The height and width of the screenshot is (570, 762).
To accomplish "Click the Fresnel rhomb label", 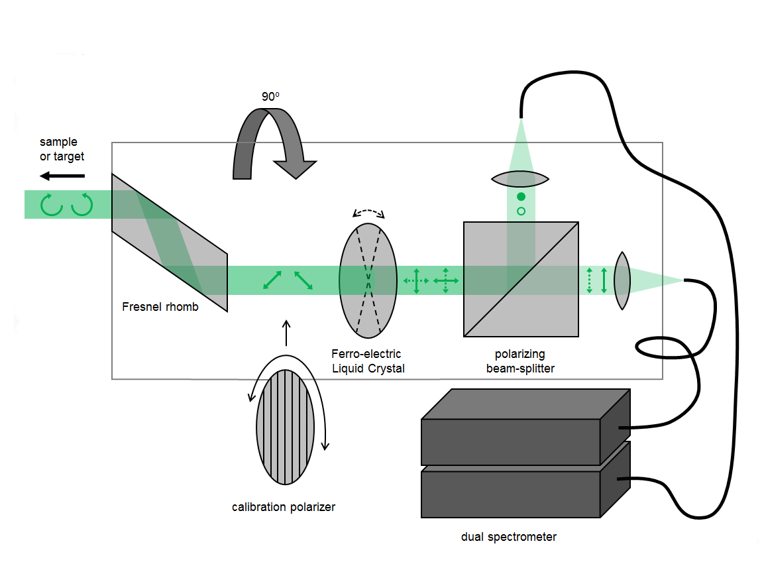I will pos(160,307).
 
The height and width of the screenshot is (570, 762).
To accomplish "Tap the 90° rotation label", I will pos(270,96).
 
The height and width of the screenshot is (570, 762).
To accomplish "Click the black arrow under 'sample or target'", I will pos(62,176).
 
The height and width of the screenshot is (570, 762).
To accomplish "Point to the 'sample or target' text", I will pos(62,149).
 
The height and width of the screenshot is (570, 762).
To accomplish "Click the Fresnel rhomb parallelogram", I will pos(170,243).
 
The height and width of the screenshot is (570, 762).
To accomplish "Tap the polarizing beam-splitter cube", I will pos(521,279).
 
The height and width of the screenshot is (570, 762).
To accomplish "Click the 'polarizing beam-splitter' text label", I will pos(520,361).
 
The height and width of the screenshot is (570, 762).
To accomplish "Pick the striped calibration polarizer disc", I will pos(285,428).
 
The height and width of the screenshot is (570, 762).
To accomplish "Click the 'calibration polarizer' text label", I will pos(284,507).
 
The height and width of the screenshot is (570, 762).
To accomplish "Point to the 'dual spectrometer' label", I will pos(509,537).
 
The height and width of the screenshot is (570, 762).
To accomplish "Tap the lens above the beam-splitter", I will pos(521,178).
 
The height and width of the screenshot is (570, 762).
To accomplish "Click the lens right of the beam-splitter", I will pos(622,280).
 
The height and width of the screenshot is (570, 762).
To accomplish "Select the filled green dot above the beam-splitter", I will pos(521,197).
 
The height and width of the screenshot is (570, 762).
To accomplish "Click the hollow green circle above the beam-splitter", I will pos(521,211).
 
